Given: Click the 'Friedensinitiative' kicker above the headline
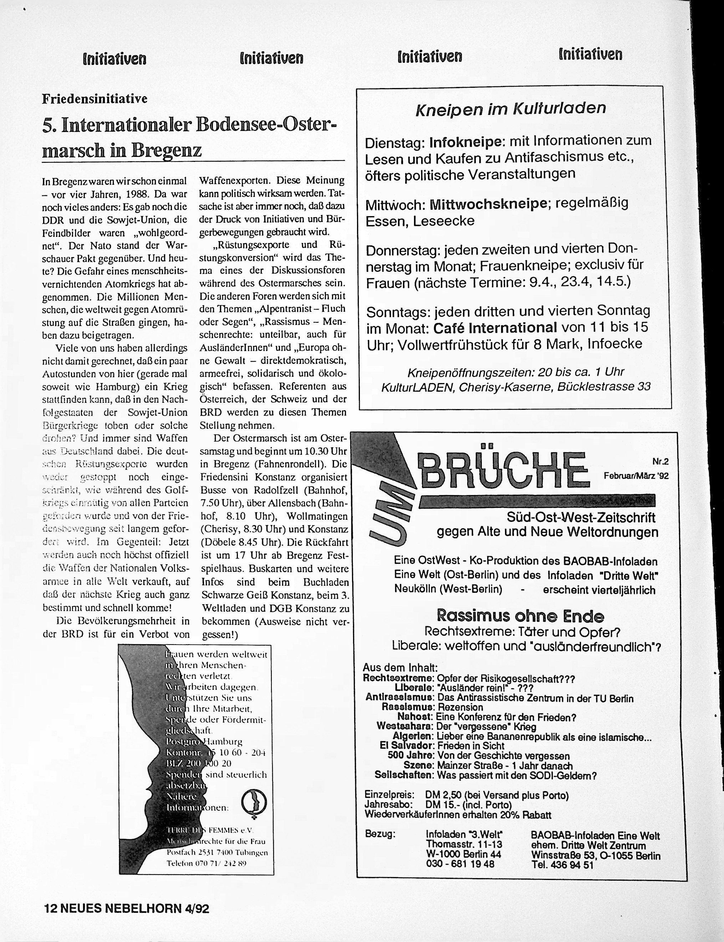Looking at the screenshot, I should click(95, 99).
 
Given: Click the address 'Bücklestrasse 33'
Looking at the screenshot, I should click(603, 387).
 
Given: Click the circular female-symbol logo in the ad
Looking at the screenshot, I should click(254, 801).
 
